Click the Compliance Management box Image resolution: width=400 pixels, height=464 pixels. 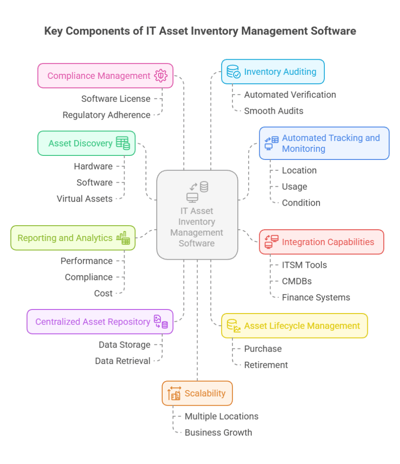click(105, 76)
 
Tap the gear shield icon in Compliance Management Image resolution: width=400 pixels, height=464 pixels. click(161, 76)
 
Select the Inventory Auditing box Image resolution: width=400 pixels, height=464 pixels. click(273, 72)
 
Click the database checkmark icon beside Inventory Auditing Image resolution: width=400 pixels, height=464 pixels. click(233, 72)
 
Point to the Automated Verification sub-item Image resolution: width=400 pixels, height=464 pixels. click(290, 95)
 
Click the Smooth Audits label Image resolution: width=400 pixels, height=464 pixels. click(274, 111)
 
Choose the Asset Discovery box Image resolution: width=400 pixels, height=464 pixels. click(86, 143)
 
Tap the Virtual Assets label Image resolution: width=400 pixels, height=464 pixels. click(84, 199)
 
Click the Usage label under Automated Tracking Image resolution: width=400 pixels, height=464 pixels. click(294, 187)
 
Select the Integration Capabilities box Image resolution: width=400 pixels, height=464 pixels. click(321, 242)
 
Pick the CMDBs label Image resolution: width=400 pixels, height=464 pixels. click(297, 281)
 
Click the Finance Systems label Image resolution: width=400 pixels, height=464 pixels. click(316, 298)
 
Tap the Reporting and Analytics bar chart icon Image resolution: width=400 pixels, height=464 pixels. click(123, 238)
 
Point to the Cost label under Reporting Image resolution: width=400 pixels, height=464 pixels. click(103, 294)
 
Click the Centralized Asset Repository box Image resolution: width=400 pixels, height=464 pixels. click(100, 322)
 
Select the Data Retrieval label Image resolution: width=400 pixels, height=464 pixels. click(122, 361)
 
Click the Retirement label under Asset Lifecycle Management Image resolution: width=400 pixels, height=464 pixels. click(266, 365)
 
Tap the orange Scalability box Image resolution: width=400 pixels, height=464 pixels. click(197, 393)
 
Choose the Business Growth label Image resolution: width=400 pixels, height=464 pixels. click(218, 433)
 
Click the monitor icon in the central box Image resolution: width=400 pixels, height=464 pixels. click(192, 198)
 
